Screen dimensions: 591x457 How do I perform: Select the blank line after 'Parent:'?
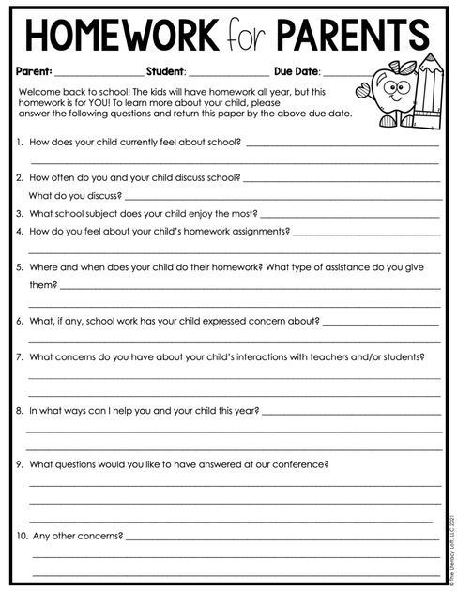[x=99, y=72]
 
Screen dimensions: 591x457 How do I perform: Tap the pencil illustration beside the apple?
[x=427, y=94]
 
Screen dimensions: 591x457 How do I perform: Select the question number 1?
[x=20, y=144]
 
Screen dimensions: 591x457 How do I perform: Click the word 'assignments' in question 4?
[x=254, y=231]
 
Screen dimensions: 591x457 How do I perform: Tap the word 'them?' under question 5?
[x=43, y=284]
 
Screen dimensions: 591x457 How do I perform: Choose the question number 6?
[x=20, y=321]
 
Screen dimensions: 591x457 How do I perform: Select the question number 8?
[x=20, y=410]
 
